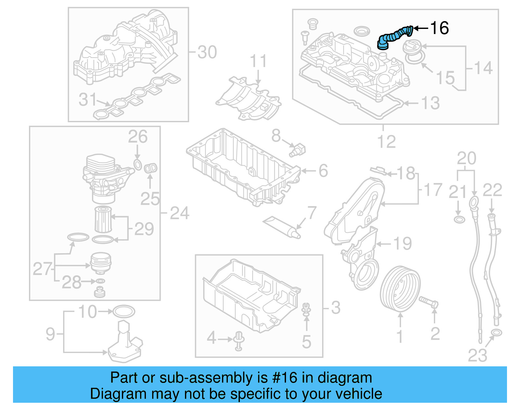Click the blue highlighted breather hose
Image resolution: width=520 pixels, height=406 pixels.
click(x=394, y=37)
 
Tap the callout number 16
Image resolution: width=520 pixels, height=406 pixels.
click(x=439, y=28)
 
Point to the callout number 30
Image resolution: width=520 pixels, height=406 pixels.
click(x=207, y=52)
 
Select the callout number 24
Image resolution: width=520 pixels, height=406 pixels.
click(x=179, y=213)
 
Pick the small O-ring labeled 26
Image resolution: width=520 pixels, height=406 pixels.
click(x=138, y=164)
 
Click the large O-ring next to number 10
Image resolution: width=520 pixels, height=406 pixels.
click(x=123, y=311)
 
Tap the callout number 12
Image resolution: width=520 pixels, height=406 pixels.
click(x=386, y=142)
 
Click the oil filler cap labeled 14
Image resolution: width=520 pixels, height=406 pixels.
click(x=412, y=46)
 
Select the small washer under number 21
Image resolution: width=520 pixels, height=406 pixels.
click(x=459, y=220)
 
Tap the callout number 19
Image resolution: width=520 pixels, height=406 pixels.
click(x=402, y=243)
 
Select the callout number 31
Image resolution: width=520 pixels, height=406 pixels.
click(x=87, y=100)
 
